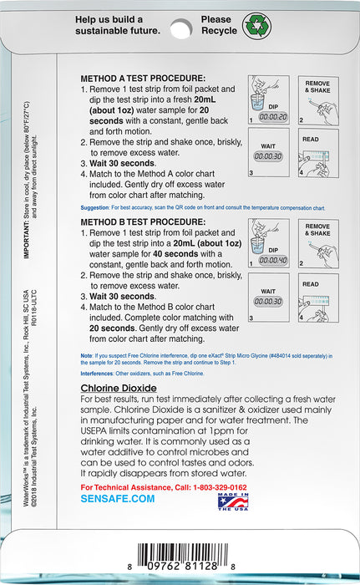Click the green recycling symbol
(x=257, y=24)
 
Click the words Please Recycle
(x=219, y=25)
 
